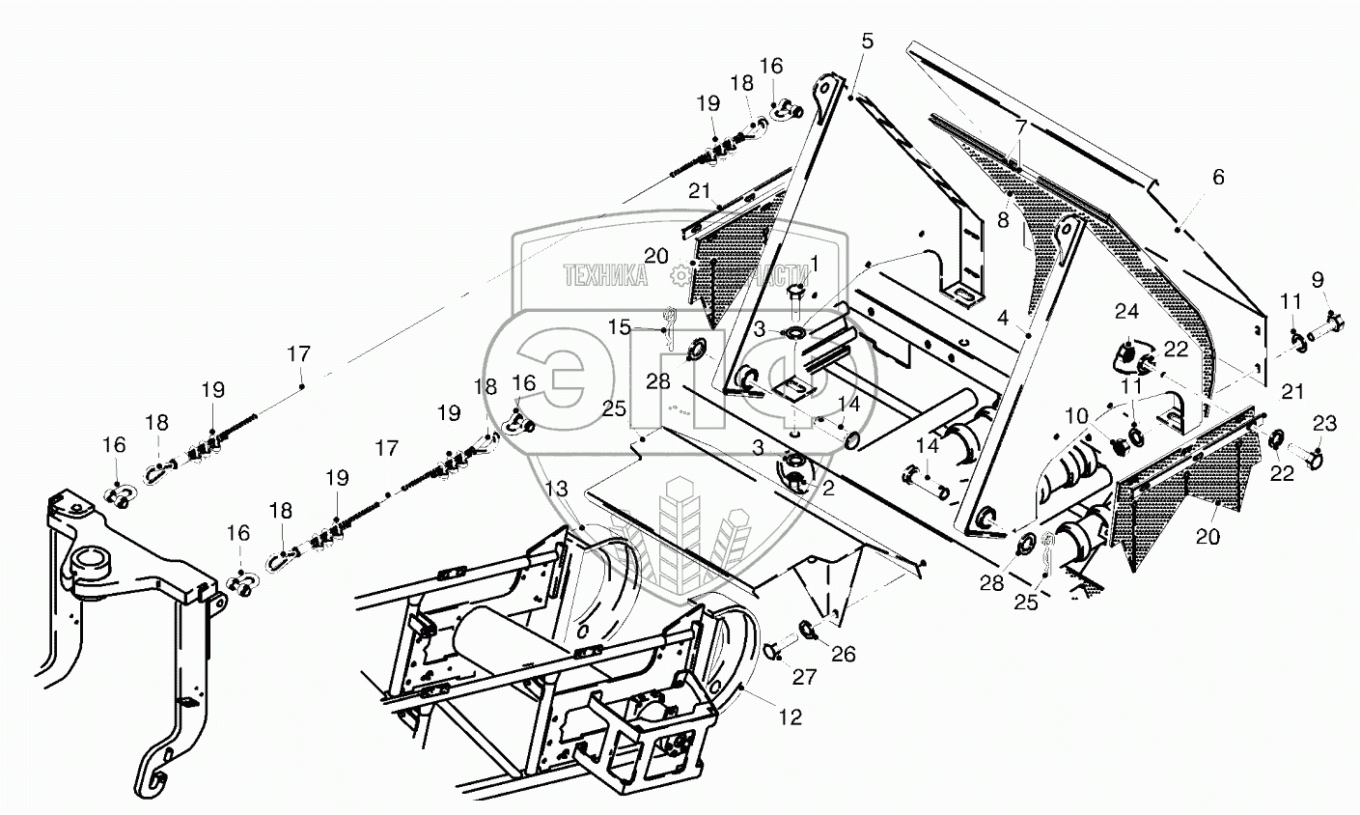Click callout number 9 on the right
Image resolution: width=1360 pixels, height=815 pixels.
tap(1318, 282)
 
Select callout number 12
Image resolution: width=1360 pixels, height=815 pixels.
tap(791, 718)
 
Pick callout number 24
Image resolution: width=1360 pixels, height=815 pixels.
tap(1127, 311)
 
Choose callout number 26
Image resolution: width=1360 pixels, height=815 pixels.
tap(844, 655)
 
